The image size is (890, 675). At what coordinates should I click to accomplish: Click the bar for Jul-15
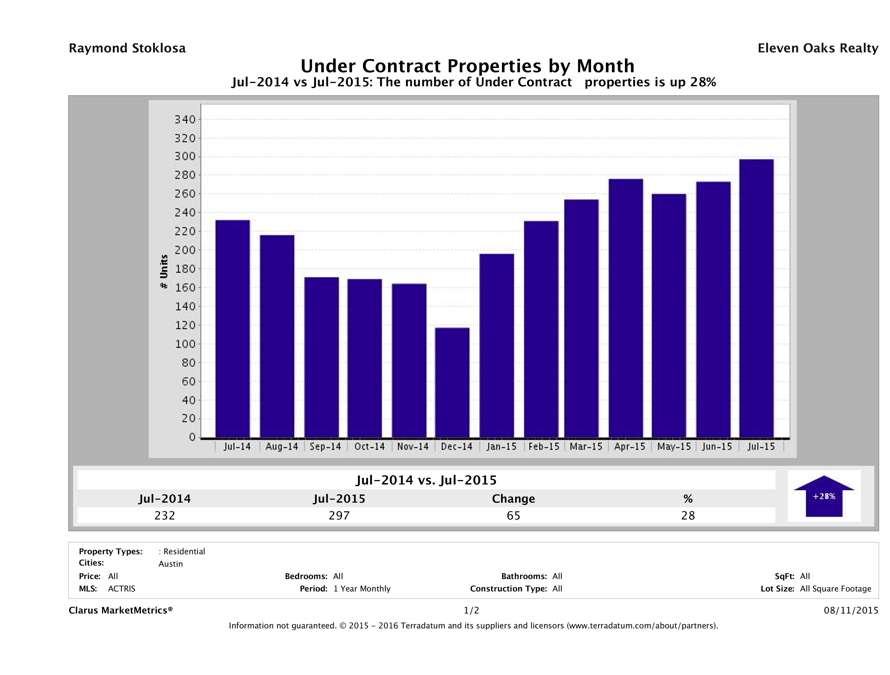click(x=757, y=298)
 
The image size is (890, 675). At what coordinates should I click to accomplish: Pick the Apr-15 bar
click(x=626, y=308)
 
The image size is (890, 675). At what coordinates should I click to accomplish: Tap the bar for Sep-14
click(x=322, y=357)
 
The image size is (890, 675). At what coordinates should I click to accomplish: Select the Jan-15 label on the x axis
click(x=501, y=446)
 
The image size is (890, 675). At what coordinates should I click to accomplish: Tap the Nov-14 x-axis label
click(x=413, y=446)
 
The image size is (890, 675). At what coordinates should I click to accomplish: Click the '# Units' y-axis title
click(x=164, y=272)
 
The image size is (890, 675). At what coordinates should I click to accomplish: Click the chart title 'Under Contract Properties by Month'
click(x=467, y=66)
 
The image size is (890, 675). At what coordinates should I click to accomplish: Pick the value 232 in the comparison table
click(x=165, y=515)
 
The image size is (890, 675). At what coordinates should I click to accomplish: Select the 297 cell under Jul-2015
click(x=339, y=515)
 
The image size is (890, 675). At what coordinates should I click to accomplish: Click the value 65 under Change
click(x=514, y=515)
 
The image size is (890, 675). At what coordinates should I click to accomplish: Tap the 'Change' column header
click(x=514, y=499)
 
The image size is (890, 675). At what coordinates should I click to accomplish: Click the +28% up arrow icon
click(x=824, y=496)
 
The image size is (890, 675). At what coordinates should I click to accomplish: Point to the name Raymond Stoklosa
click(x=127, y=48)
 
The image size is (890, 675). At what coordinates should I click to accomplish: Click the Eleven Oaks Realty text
click(x=817, y=48)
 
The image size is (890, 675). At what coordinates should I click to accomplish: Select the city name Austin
click(x=171, y=564)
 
